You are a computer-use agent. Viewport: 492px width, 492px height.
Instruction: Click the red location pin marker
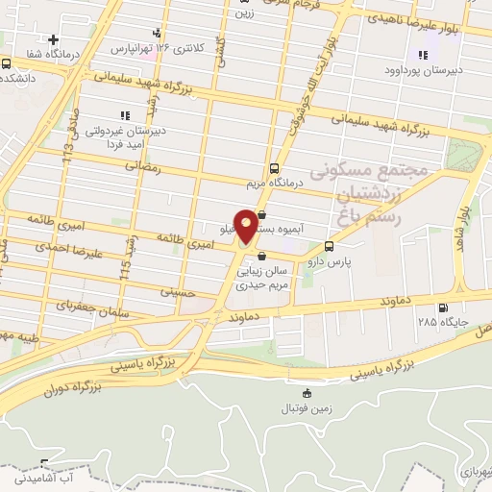point(246,227)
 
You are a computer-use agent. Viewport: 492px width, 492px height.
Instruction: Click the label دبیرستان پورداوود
point(425,69)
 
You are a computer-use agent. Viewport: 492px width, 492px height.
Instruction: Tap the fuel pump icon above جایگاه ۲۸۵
point(442,308)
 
